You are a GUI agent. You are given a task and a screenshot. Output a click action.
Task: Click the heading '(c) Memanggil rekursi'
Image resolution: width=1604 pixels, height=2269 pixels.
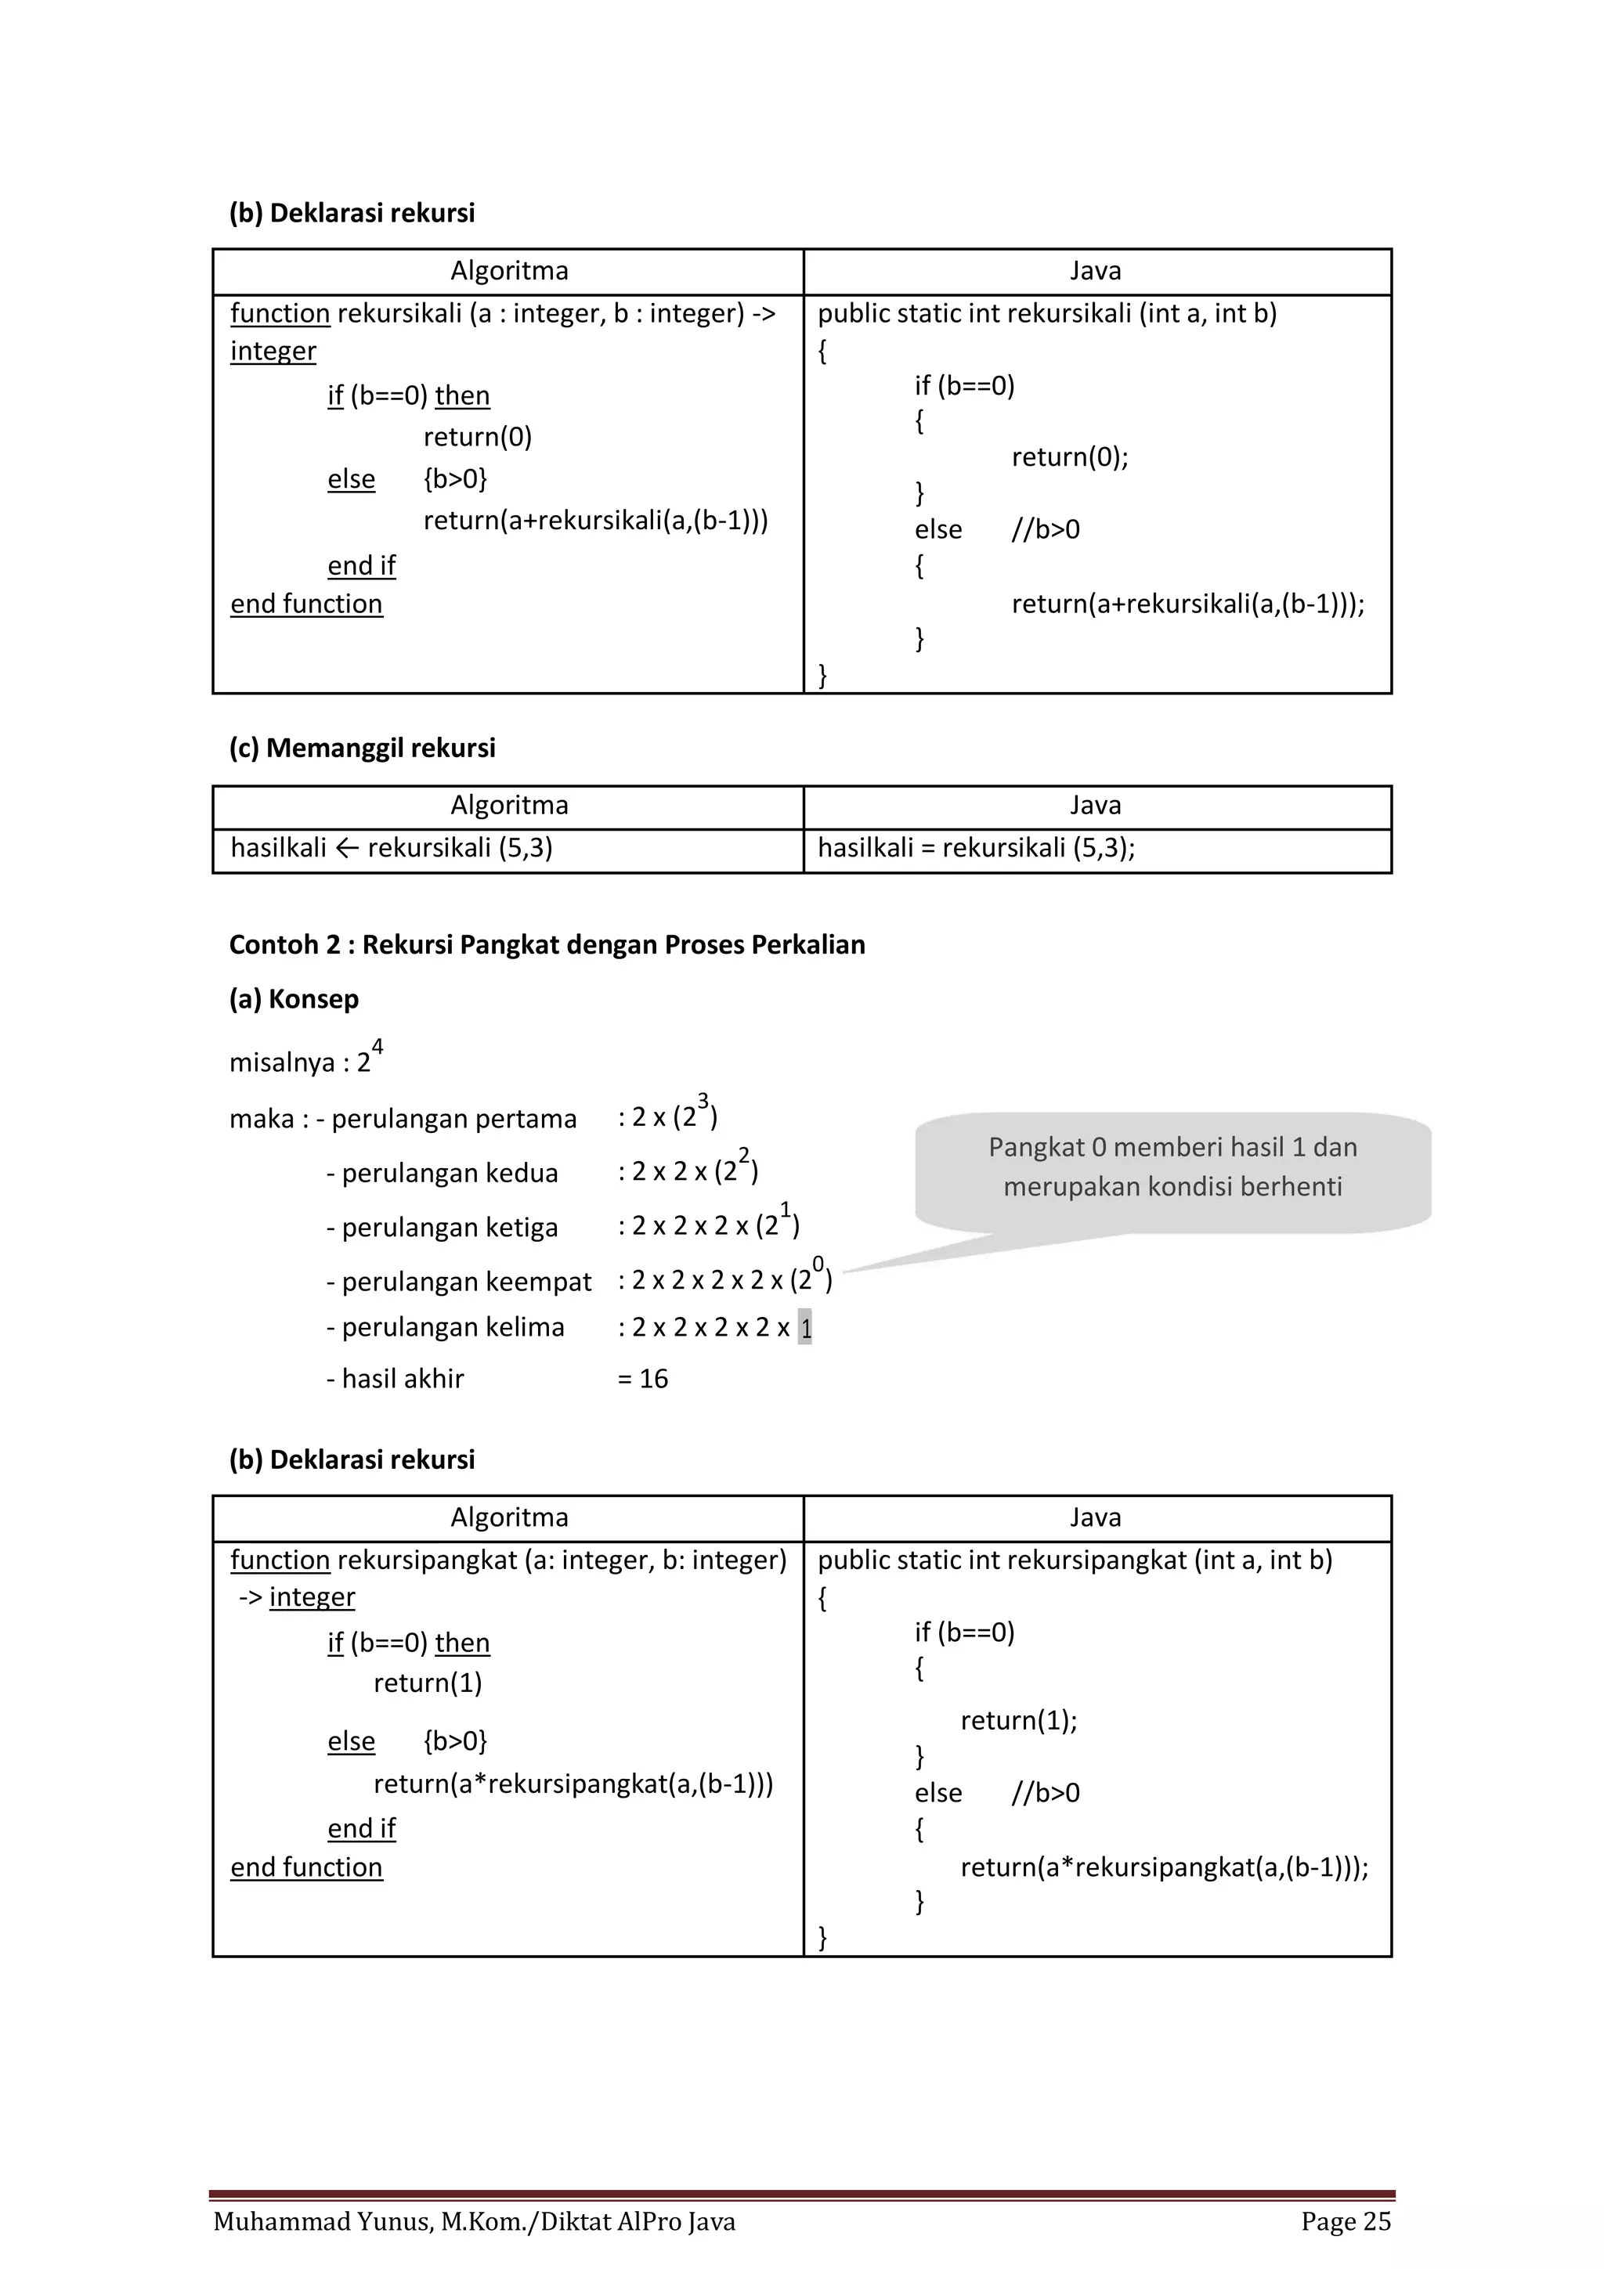(362, 748)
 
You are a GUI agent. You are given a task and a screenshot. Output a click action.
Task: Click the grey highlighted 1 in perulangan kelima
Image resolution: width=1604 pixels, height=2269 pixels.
(804, 1327)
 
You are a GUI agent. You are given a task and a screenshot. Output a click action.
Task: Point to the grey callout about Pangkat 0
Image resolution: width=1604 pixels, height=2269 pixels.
(1172, 1168)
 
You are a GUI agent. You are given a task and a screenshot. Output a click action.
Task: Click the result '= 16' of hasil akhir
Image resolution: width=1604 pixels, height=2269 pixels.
(642, 1379)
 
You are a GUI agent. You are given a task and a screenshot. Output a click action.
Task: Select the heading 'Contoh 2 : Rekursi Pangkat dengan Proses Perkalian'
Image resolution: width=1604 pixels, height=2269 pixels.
(547, 945)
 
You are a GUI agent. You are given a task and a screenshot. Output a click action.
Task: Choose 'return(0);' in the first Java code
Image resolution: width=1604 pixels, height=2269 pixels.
(1069, 456)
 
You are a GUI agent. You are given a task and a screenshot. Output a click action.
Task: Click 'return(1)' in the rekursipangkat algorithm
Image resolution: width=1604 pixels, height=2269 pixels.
(427, 1683)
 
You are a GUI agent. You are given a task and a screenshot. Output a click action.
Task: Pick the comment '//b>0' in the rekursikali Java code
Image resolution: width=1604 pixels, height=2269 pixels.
(1045, 530)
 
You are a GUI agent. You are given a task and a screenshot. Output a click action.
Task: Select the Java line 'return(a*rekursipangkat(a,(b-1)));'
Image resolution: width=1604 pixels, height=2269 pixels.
(1163, 1867)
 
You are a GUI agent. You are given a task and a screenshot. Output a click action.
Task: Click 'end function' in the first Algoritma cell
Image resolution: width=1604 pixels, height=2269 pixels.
(306, 604)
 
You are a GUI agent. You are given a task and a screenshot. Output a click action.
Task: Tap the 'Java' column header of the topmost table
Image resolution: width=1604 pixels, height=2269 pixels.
(1095, 271)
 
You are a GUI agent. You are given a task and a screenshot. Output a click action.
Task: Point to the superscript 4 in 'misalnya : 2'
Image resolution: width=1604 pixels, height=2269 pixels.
(378, 1047)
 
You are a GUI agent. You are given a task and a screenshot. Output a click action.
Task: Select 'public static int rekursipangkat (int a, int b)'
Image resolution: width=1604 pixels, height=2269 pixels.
(1075, 1560)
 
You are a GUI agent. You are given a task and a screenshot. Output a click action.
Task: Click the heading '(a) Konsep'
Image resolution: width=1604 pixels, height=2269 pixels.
(294, 999)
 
